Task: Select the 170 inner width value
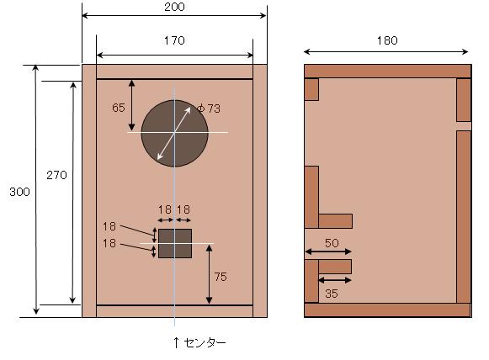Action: (x=174, y=40)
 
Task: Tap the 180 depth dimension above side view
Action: (x=386, y=40)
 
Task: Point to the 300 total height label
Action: (x=19, y=192)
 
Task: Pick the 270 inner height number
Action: (x=56, y=175)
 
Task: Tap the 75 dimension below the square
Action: (x=220, y=277)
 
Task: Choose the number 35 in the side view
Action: (x=332, y=294)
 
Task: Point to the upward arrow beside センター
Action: (x=175, y=342)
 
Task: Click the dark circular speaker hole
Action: (x=174, y=132)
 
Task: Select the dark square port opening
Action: (x=175, y=243)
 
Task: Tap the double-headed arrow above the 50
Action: (x=327, y=251)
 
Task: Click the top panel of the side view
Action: (x=386, y=71)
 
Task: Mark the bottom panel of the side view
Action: (x=386, y=310)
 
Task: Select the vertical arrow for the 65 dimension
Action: (x=131, y=105)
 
